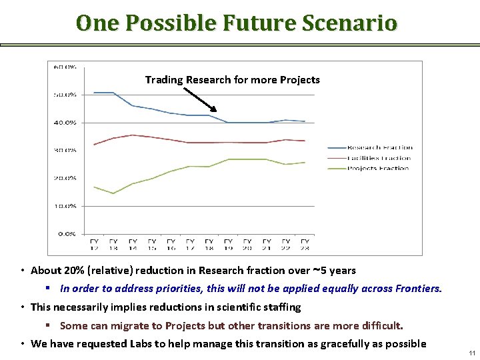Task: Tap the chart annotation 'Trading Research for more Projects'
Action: click(232, 80)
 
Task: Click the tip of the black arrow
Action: click(217, 111)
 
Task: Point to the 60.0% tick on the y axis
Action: click(65, 67)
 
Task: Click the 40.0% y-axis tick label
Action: click(65, 123)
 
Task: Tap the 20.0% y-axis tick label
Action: click(65, 179)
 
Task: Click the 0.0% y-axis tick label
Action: click(66, 234)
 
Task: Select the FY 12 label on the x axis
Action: click(94, 243)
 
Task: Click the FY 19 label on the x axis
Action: click(228, 243)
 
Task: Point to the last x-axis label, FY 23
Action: click(305, 243)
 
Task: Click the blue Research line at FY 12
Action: click(94, 93)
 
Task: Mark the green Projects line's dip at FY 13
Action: click(113, 193)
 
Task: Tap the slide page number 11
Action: click(471, 352)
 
